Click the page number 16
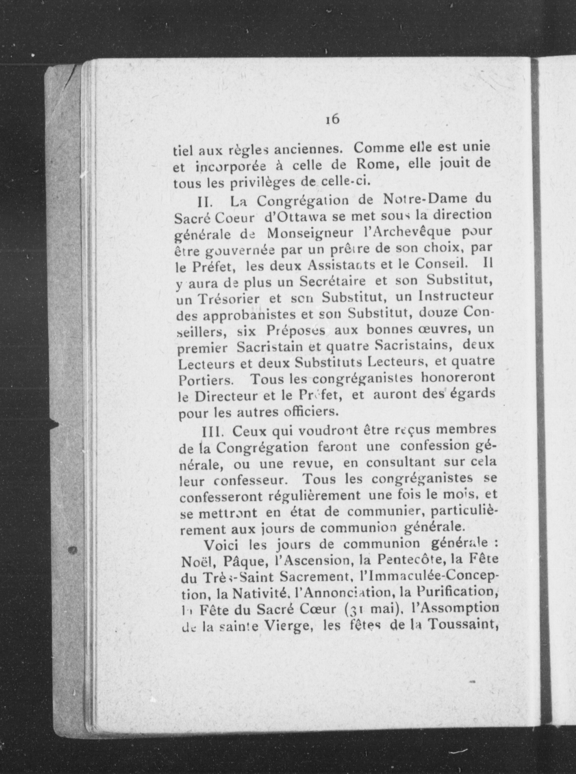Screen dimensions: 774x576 pyautogui.click(x=333, y=119)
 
